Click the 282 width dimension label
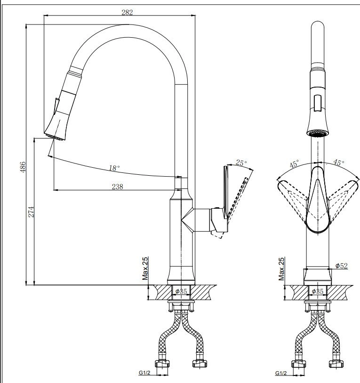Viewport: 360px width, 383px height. click(127, 12)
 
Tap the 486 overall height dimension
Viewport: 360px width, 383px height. click(23, 167)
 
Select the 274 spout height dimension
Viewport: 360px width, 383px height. click(31, 212)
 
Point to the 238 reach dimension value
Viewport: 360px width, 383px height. click(117, 187)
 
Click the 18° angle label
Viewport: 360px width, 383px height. click(114, 168)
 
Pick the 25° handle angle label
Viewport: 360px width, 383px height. click(241, 163)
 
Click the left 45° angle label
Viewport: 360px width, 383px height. click(294, 164)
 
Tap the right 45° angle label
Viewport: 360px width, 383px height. click(339, 163)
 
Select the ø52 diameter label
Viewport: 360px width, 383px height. click(341, 266)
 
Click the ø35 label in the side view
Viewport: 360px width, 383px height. click(181, 291)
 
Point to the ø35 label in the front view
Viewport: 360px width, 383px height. click(318, 291)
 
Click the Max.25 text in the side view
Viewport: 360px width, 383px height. click(145, 269)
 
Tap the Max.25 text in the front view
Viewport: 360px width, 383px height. click(281, 269)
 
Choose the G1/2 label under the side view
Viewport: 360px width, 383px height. click(144, 373)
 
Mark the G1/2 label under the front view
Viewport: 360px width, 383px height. click(281, 373)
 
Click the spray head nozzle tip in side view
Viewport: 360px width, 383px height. click(55, 137)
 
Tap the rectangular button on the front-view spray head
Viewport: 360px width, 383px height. click(318, 103)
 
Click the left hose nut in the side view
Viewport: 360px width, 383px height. click(162, 364)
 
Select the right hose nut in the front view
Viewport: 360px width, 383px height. click(336, 364)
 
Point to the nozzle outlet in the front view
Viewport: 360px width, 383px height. click(318, 134)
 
